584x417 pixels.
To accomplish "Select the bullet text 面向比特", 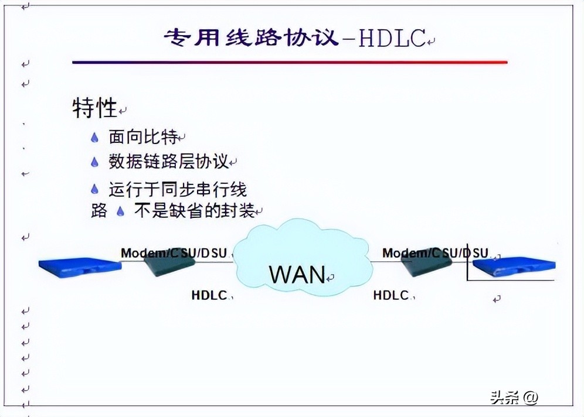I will click(142, 137).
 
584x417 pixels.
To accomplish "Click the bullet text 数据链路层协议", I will click(168, 162).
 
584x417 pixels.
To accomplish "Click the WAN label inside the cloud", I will click(297, 274).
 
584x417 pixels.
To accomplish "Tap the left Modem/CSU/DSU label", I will click(174, 253).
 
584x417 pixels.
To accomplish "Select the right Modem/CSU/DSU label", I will click(435, 253).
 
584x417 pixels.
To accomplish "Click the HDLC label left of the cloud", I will click(209, 295).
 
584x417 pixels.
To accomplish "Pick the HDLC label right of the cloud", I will click(391, 295).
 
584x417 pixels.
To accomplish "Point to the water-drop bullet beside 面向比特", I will click(95, 138).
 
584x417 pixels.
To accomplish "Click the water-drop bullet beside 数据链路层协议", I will click(95, 162).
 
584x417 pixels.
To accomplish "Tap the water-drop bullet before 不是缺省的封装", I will click(121, 211).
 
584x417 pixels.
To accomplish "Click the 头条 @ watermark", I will click(514, 397).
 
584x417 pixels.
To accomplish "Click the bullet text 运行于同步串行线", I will click(178, 189).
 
